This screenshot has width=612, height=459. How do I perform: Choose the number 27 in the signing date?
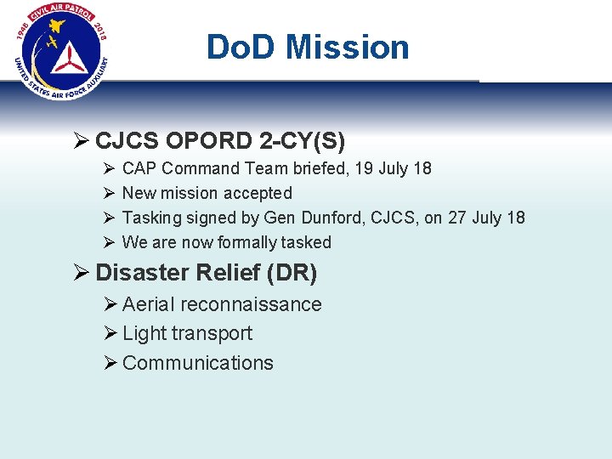[x=457, y=218]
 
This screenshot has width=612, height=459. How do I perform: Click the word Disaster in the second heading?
[x=141, y=273]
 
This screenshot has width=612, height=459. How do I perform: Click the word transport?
[x=213, y=333]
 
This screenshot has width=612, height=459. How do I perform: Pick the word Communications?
[x=198, y=363]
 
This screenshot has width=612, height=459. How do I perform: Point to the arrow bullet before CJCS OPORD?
[x=82, y=139]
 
